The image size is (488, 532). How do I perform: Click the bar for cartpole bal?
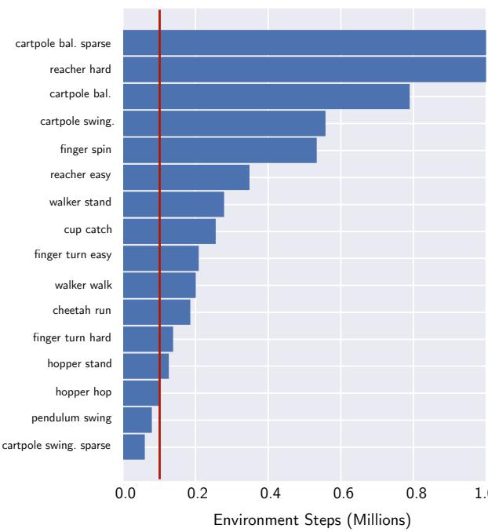coord(267,97)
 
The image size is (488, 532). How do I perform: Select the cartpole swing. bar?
coord(224,123)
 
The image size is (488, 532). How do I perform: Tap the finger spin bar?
coord(220,150)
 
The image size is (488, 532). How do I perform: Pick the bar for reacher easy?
coord(186,177)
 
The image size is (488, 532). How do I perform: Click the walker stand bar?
coord(173,204)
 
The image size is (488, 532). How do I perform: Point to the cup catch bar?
coord(169,231)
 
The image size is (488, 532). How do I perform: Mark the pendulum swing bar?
coord(137,420)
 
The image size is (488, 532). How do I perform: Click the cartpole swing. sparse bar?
coord(134,447)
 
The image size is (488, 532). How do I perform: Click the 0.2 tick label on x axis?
coord(197,494)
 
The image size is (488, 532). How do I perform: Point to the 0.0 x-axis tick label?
coord(125,494)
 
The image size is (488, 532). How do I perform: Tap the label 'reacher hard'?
coord(80,70)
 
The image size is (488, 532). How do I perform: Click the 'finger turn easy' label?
coord(73,255)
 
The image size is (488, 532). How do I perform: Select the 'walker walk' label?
coord(82,286)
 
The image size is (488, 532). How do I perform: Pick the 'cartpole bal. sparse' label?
coord(64,42)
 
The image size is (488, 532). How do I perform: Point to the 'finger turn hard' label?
coord(72,337)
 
